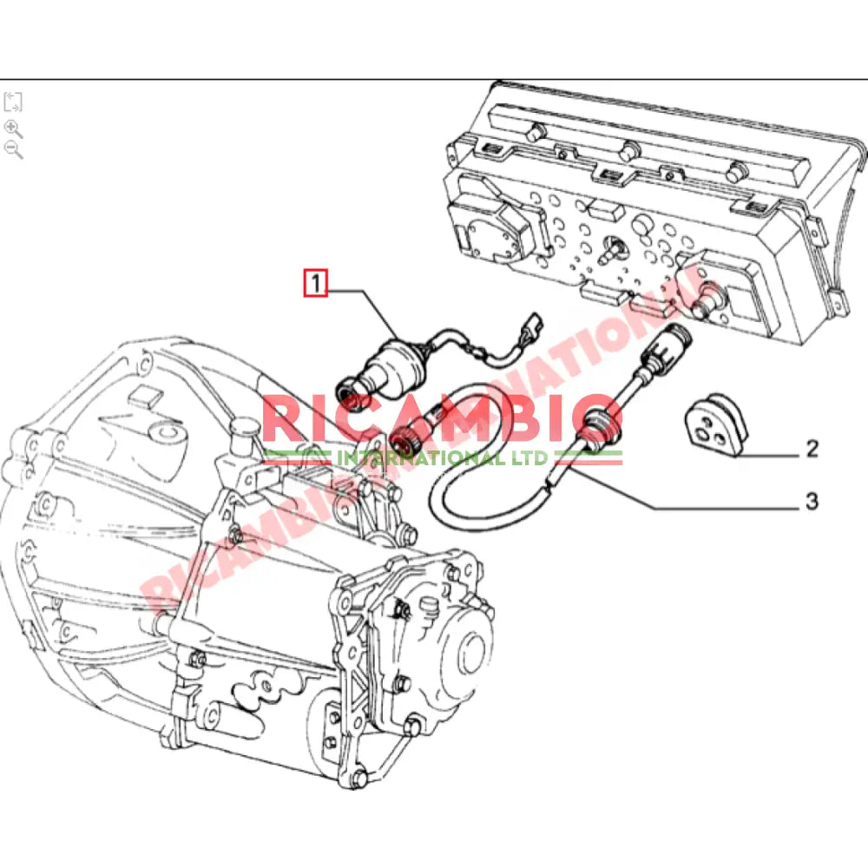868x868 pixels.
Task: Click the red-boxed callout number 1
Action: (x=314, y=283)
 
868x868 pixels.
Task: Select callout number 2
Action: (x=812, y=449)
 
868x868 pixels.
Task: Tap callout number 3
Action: (x=812, y=501)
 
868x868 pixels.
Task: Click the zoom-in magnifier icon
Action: (x=13, y=128)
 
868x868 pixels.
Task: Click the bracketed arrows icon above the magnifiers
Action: (x=13, y=102)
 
